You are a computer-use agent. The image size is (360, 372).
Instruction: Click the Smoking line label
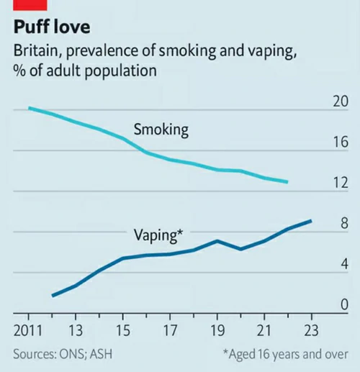(x=161, y=130)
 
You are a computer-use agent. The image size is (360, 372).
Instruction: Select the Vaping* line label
(x=158, y=235)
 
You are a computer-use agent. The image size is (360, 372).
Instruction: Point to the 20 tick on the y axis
(x=339, y=101)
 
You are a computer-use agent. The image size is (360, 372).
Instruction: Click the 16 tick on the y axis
(x=339, y=142)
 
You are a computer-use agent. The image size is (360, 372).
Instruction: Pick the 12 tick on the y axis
(x=339, y=183)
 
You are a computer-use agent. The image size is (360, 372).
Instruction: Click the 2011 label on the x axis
(x=28, y=332)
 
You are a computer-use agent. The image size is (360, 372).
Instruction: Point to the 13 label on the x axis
(x=76, y=332)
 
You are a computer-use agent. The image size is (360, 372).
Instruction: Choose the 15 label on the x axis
(x=122, y=332)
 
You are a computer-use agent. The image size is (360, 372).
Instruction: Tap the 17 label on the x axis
(x=169, y=332)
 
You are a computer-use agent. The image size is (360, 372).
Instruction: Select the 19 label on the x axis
(x=216, y=332)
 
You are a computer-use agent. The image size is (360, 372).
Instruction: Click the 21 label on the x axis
(x=264, y=332)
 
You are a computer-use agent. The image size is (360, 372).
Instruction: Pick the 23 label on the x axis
(x=310, y=332)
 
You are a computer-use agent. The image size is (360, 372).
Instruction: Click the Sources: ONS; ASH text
(x=63, y=355)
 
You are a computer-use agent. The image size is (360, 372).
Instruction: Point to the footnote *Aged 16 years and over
(x=285, y=355)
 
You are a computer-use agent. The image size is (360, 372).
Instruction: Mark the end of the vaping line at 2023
(x=310, y=221)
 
